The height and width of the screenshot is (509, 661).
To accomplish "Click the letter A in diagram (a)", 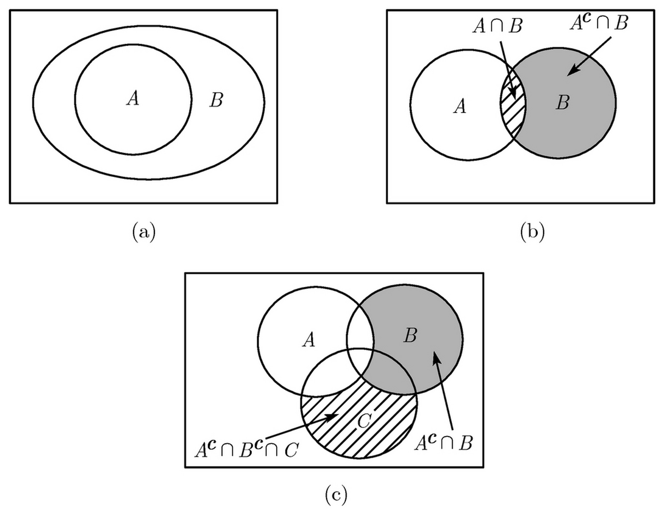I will point(133,98).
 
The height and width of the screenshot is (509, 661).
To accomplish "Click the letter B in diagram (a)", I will point(216,100).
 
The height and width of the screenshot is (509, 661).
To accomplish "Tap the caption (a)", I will point(144,232).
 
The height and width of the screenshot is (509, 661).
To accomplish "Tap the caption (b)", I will point(532,232).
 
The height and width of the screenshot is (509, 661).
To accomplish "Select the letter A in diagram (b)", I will point(460,107).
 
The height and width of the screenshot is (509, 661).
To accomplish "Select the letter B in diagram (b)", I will point(562,103).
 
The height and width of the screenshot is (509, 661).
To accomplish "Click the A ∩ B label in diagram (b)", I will point(497,27).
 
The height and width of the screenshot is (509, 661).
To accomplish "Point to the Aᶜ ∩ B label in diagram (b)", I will point(599,23).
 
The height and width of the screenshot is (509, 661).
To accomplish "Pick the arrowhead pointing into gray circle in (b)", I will point(571,72).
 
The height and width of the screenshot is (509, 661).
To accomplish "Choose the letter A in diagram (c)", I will point(309,340).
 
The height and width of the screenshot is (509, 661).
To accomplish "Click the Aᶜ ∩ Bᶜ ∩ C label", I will point(246,449).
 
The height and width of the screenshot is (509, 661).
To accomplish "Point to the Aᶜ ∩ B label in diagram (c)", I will point(443,443).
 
